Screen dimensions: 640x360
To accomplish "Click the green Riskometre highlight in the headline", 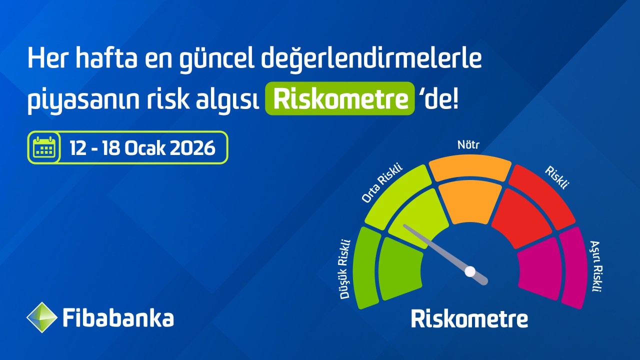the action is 339,98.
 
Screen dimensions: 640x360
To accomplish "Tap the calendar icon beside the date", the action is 44,147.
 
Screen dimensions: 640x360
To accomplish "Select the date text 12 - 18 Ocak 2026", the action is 142,148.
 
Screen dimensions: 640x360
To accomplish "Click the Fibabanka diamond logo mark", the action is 41,317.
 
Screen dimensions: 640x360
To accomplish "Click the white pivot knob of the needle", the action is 470,271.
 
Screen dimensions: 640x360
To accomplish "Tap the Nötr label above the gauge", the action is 468,145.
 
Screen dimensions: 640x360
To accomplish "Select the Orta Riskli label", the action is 381,183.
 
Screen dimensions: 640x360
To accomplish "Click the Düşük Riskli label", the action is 344,269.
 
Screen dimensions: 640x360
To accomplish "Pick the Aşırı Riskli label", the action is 595,266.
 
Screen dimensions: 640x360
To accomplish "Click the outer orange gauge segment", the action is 470,167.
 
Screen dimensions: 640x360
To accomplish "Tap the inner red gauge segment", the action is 522,218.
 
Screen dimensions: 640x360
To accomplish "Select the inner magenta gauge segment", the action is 540,268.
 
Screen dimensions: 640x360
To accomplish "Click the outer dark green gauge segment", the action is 366,267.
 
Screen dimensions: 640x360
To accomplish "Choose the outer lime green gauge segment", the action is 398,197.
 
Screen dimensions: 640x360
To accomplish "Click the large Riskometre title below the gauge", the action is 469,319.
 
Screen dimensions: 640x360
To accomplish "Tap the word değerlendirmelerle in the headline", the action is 371,59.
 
